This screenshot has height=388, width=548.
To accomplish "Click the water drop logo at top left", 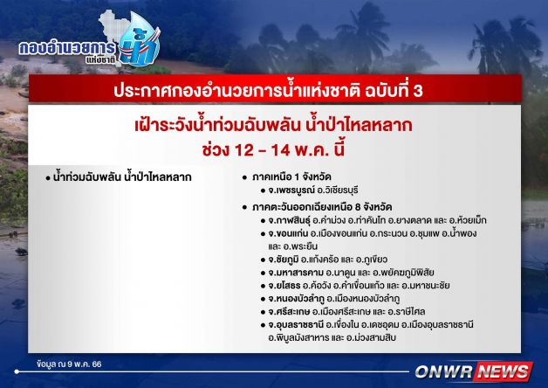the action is [140, 39].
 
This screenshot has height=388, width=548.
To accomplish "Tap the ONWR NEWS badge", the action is [474, 371].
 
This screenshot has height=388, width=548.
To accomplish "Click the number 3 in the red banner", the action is [418, 91].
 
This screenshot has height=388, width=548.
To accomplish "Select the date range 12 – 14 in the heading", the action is [263, 150].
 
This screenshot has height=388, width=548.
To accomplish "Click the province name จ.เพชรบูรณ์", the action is [291, 191].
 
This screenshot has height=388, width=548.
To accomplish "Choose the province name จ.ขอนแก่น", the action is [287, 233].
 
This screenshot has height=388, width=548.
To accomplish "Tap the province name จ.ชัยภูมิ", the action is [284, 260].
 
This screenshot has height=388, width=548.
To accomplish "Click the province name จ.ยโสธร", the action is [284, 286].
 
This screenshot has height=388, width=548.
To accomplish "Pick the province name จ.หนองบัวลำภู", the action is [296, 299].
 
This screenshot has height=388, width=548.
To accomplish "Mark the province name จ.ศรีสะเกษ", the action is [289, 311].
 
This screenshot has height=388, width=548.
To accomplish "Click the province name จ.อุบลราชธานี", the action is [296, 325].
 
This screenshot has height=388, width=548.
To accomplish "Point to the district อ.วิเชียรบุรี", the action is [337, 191].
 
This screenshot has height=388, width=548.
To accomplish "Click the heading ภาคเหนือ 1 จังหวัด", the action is [291, 177].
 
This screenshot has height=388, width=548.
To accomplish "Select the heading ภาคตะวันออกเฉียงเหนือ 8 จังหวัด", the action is [322, 207].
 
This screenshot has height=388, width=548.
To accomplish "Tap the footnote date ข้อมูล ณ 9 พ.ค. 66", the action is [69, 364].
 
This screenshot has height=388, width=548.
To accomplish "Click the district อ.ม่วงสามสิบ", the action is [371, 338].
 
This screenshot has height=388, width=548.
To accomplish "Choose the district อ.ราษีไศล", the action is [406, 311].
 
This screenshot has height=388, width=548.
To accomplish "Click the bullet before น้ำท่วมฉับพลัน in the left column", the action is [48, 178].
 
